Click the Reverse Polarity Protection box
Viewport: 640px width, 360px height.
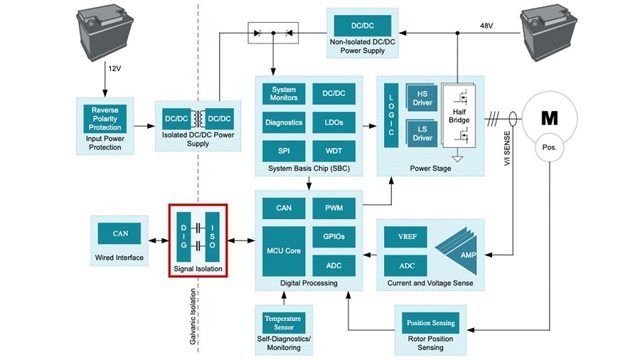pos(105,119)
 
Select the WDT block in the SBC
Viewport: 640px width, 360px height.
pos(334,151)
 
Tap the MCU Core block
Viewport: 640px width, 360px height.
pos(284,251)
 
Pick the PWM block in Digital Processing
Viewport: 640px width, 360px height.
pos(334,208)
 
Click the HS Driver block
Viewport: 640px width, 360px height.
pos(422,98)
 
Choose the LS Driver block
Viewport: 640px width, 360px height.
pos(422,134)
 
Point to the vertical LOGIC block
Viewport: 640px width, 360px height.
pos(391,115)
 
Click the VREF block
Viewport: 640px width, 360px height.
pos(406,237)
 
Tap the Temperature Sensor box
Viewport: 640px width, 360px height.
pos(284,323)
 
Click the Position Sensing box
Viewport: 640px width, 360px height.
pos(431,323)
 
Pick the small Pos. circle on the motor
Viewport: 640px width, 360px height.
pos(550,147)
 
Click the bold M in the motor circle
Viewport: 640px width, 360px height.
pos(550,118)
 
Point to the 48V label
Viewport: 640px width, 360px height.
pos(486,26)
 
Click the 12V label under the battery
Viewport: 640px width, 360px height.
pos(114,68)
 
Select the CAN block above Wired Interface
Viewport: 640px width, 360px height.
pos(119,233)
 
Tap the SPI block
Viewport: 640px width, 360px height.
pos(284,151)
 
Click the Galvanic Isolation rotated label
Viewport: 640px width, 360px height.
pos(193,317)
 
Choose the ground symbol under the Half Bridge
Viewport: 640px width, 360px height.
pos(458,159)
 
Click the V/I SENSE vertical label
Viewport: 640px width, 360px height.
pos(507,148)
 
